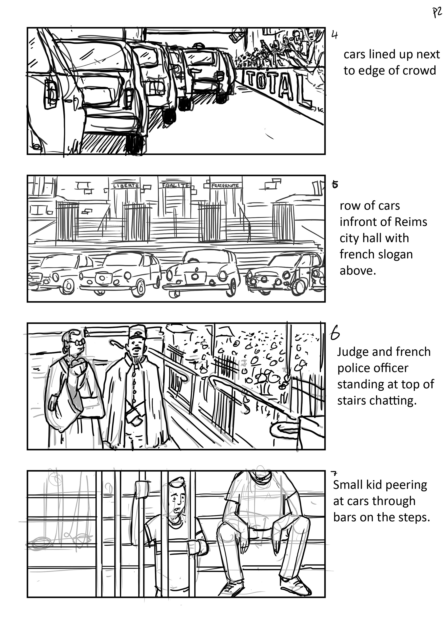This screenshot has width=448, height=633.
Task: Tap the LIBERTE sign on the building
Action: tap(126, 186)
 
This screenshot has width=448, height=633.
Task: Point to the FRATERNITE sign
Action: tap(225, 186)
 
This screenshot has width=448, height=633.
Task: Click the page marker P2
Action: tap(437, 13)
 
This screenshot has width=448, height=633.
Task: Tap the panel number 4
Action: tap(335, 35)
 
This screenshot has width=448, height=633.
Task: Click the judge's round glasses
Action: tap(77, 342)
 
